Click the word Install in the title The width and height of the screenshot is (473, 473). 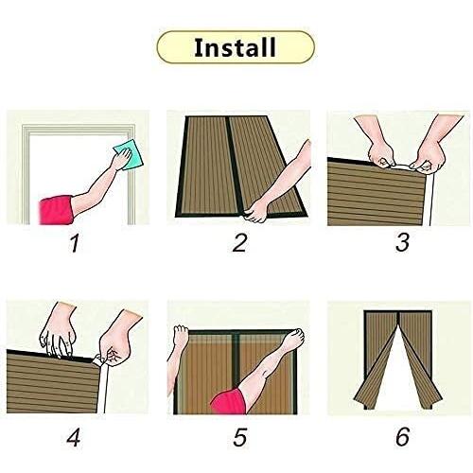click(x=235, y=47)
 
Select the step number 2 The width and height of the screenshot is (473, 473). click(x=239, y=243)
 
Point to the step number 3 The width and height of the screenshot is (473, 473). click(x=403, y=242)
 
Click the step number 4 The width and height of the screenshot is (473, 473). click(x=74, y=437)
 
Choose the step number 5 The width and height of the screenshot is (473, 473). click(x=240, y=437)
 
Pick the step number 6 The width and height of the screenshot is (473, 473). click(x=403, y=437)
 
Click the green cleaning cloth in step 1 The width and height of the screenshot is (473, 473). click(x=128, y=157)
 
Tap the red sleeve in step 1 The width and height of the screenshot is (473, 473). click(x=56, y=210)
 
